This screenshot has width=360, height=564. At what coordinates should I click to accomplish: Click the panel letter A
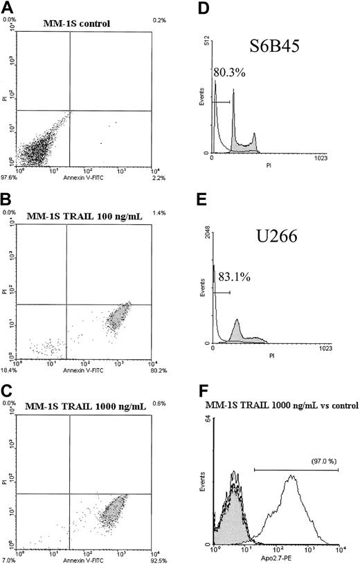(x=8, y=6)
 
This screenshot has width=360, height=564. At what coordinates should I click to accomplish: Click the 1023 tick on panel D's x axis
(x=332, y=159)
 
